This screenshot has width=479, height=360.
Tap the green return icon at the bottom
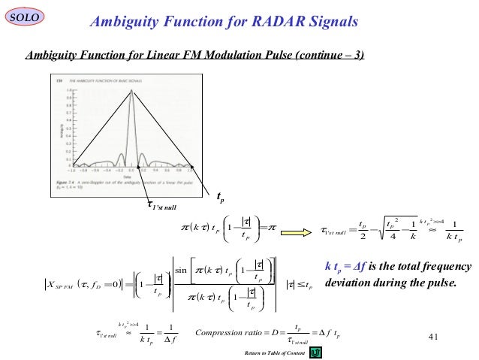(x=317, y=351)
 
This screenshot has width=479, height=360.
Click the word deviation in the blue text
(x=347, y=283)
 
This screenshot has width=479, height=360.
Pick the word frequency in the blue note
(x=445, y=268)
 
